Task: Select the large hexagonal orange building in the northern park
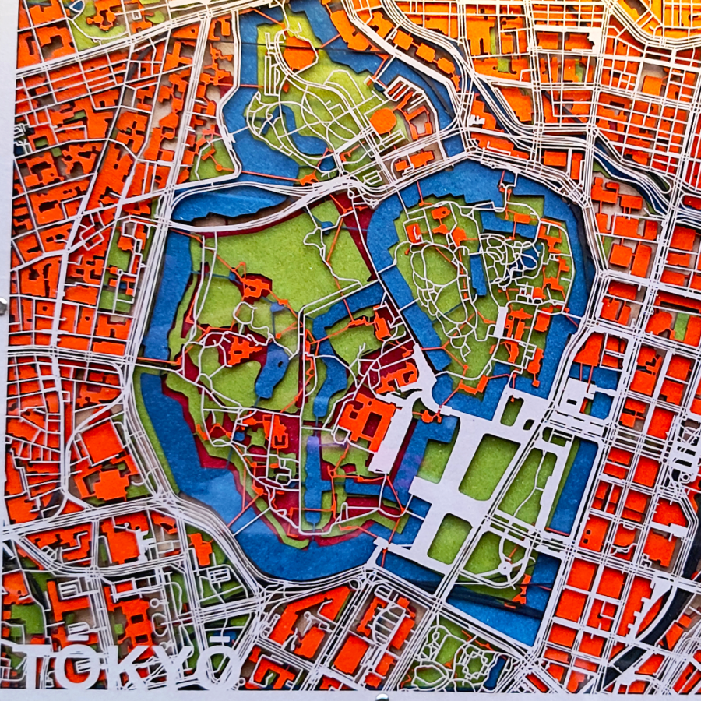(299, 53)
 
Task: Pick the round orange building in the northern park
(383, 121)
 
